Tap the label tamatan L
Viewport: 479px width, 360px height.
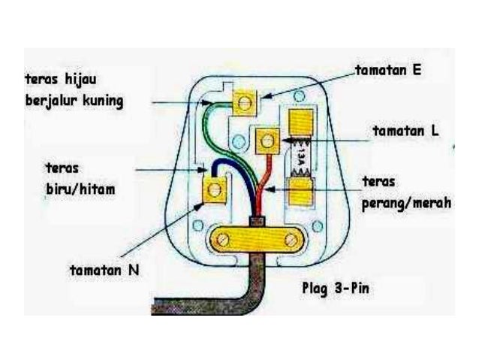point(405,130)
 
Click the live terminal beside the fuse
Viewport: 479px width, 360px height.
point(268,139)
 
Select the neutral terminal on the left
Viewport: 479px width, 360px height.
point(214,190)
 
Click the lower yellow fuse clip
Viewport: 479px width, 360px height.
point(301,189)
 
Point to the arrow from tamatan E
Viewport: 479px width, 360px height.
point(308,83)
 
